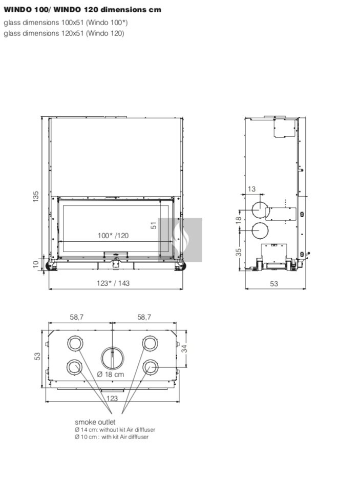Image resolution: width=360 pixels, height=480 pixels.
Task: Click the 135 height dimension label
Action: [x=36, y=196]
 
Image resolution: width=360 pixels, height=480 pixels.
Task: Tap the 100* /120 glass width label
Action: [x=113, y=236]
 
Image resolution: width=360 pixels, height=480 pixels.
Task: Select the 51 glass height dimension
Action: [x=154, y=225]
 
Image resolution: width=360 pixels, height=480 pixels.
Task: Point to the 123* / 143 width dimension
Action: [x=113, y=283]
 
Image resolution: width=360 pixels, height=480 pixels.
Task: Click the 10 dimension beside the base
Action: [x=36, y=264]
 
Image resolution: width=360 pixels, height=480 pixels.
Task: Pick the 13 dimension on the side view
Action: [x=251, y=189]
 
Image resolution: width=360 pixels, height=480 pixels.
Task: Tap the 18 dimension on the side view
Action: [x=239, y=219]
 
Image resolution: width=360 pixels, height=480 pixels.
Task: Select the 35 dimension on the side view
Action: [x=239, y=252]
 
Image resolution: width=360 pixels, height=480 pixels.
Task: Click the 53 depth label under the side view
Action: [x=274, y=284]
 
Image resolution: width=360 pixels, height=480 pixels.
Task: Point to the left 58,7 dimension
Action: [x=76, y=317]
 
